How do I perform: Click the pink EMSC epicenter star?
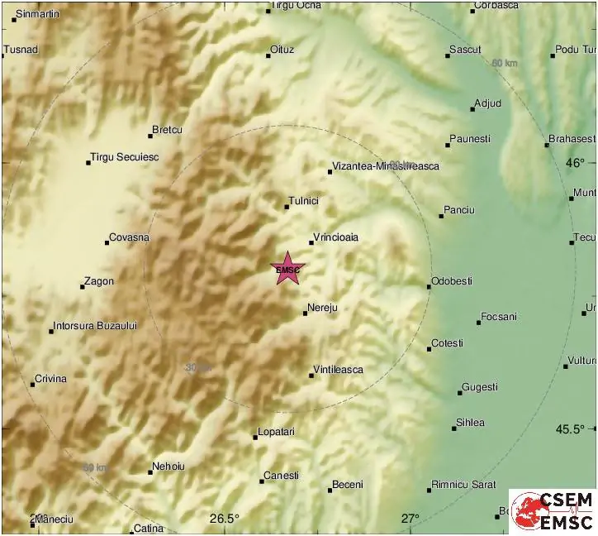pos(287,269)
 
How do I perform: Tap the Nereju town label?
pos(322,309)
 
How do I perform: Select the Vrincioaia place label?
pos(336,237)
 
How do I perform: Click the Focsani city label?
pos(501,317)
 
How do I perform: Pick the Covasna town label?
pos(130,237)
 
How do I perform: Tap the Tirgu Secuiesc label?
pos(125,157)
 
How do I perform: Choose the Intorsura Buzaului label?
pos(95,326)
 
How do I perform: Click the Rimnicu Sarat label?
pos(467,486)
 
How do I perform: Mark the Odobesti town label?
pos(453,281)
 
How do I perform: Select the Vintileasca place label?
pos(339,370)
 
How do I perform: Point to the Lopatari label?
pos(277,432)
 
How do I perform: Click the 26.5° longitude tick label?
pos(224,519)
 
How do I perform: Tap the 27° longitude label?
pos(411,519)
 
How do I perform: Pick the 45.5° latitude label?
pos(569,428)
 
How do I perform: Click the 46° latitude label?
pos(575,163)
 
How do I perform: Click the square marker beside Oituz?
pos(269,55)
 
